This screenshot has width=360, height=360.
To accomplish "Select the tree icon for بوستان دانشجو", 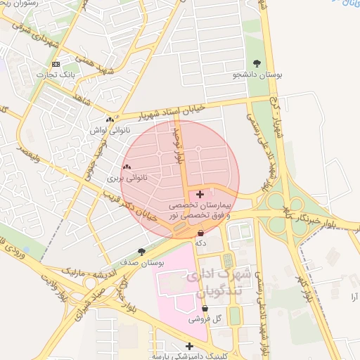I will coord(257,64).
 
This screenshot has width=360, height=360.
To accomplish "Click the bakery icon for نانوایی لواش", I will coord(109,120).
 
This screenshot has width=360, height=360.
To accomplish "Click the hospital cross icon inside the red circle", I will coord(200,193).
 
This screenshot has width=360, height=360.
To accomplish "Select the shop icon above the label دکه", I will coord(201,232).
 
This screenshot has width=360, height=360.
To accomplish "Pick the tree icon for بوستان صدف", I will coord(142,251).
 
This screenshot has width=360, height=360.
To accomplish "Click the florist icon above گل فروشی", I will coord(205,308).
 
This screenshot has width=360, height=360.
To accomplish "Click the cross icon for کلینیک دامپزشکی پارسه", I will coord(189,345).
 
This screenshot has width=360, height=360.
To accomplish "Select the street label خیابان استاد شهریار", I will coord(155,112).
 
